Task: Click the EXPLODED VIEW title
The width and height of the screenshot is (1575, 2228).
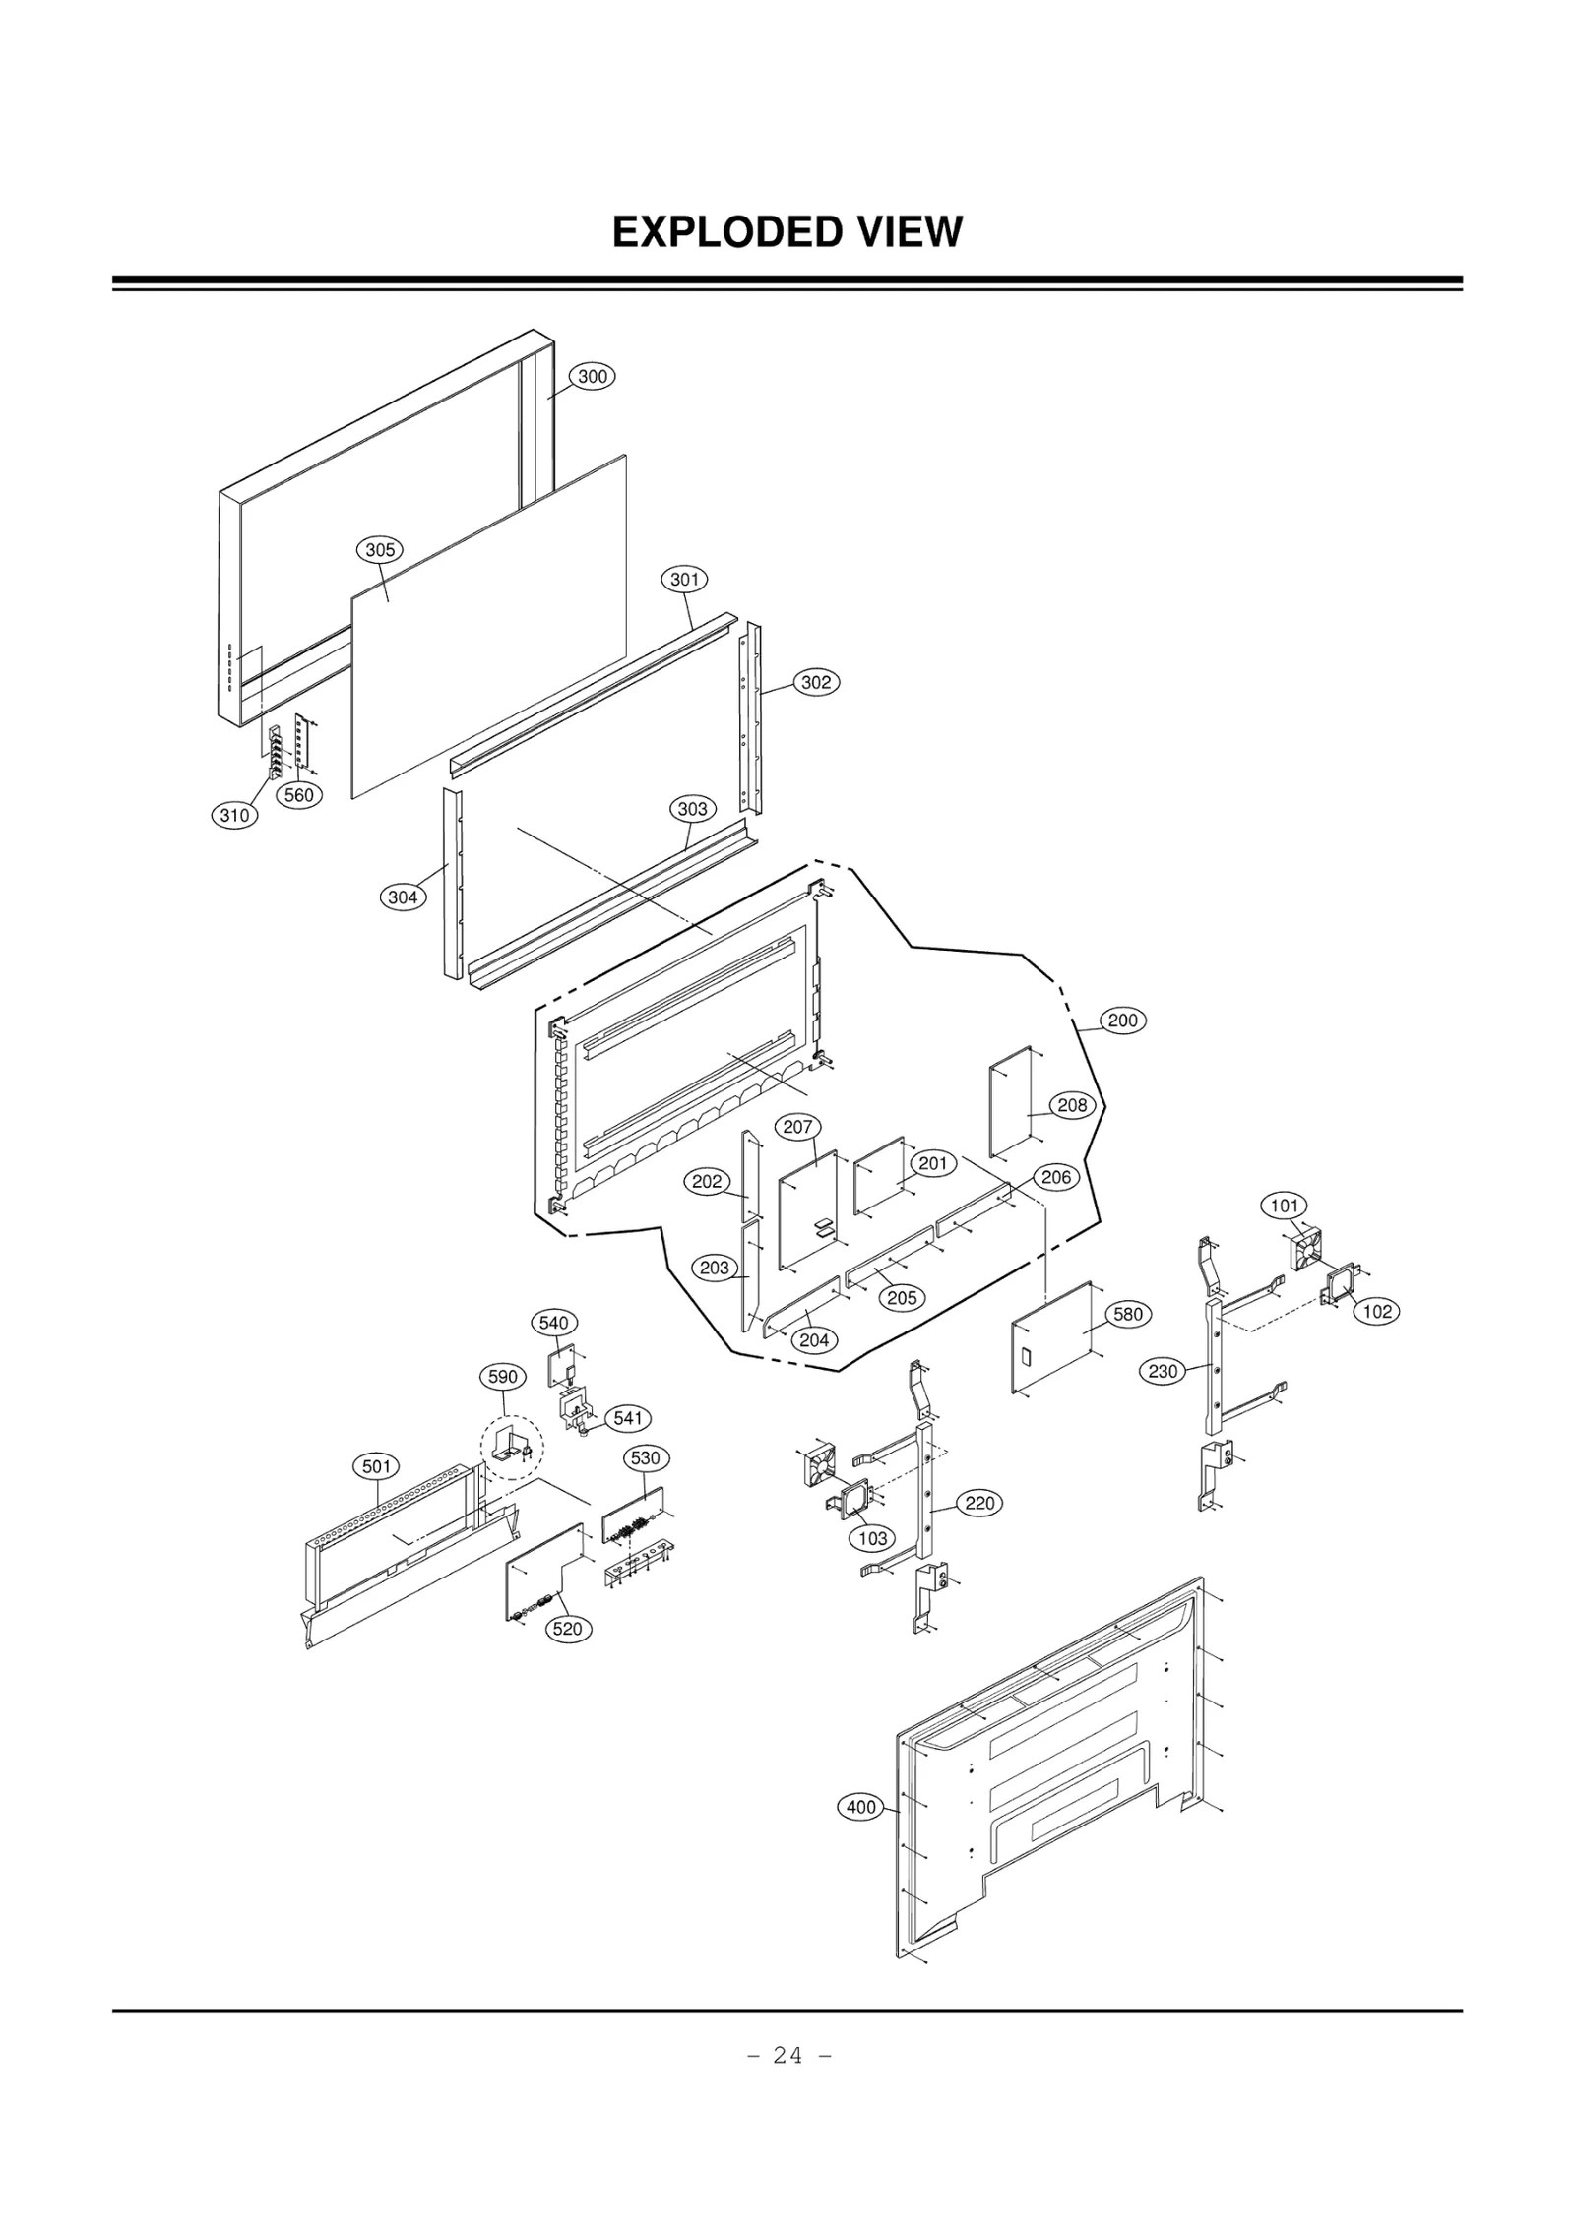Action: click(x=787, y=232)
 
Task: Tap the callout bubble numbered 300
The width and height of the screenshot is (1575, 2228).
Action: click(x=592, y=376)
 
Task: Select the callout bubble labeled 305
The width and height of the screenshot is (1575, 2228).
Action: click(x=379, y=550)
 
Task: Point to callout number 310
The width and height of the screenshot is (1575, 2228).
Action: click(x=234, y=815)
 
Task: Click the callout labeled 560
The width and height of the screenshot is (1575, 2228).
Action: click(x=299, y=795)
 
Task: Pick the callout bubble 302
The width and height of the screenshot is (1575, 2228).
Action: click(x=816, y=682)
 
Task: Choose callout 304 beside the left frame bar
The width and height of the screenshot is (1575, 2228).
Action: click(x=403, y=897)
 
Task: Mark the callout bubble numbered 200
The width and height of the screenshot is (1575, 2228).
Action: click(x=1122, y=1021)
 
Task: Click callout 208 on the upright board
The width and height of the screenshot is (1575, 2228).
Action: click(x=1072, y=1105)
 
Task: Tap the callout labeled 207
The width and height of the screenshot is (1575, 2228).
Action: click(x=797, y=1127)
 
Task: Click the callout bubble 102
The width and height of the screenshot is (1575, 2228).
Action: click(x=1377, y=1311)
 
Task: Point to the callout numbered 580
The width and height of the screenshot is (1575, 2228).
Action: click(x=1127, y=1314)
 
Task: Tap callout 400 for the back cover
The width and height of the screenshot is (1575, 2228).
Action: click(x=861, y=1807)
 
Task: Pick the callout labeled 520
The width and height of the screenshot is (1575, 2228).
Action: click(x=567, y=1629)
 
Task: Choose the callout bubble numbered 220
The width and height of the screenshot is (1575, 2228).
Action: click(x=979, y=1503)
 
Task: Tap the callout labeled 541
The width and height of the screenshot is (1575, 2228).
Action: click(x=627, y=1418)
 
